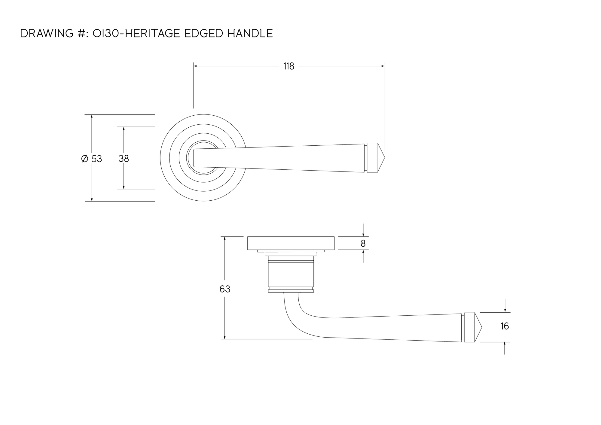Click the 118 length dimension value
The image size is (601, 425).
point(289,66)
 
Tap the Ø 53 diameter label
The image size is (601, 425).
point(92,159)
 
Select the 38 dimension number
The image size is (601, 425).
point(124,159)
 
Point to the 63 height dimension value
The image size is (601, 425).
point(225,289)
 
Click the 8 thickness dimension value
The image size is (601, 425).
point(363,244)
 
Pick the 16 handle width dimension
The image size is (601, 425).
point(505,326)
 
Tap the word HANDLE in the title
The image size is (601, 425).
point(250,33)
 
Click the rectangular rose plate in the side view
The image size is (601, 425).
point(291,243)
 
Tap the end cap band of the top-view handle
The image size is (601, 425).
point(372,158)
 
